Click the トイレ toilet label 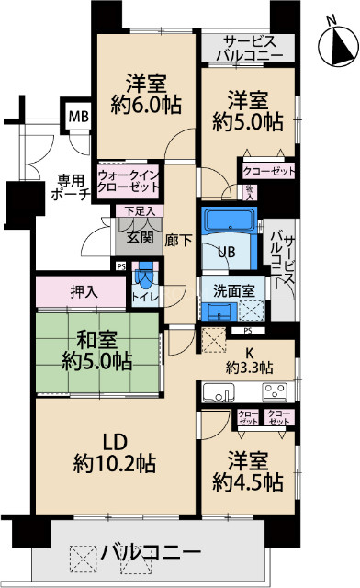pyautogui.click(x=144, y=295)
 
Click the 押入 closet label pyautogui.click(x=82, y=292)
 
